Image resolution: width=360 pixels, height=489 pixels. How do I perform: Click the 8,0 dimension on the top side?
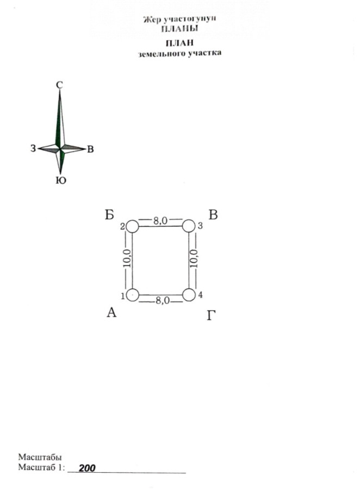tap(160, 221)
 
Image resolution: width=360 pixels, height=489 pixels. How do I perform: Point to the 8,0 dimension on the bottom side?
tap(163, 300)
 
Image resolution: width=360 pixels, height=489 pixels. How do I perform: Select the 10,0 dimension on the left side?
tap(127, 259)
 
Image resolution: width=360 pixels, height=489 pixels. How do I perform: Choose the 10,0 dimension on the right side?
tap(194, 259)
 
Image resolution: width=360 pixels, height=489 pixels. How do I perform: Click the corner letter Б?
tap(109, 215)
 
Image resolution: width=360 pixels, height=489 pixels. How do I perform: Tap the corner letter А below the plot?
tap(111, 312)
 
